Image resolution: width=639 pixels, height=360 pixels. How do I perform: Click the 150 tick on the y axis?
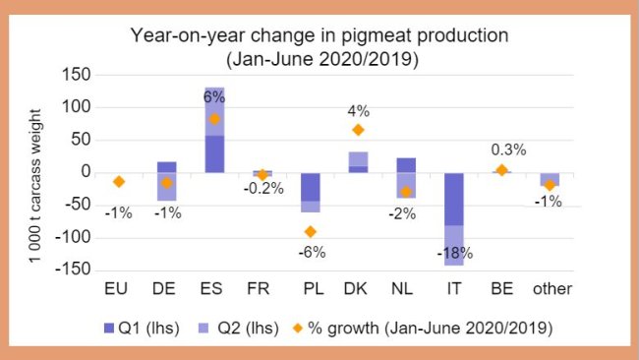point(77,76)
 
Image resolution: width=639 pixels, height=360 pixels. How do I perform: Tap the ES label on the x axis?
point(213,289)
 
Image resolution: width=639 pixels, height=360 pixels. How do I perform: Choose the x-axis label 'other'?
point(552,289)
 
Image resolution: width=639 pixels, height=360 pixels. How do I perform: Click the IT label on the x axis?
point(454,289)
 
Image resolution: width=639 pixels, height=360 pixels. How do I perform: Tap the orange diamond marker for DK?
point(359,130)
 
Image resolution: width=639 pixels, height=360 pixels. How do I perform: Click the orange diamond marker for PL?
point(310,232)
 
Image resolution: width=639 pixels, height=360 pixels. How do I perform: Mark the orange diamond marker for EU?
point(119,182)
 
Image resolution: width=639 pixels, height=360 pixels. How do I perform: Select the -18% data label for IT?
point(455,253)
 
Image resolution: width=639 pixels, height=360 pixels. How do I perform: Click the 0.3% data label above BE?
point(507,150)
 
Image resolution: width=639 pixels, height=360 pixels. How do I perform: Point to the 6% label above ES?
point(214,96)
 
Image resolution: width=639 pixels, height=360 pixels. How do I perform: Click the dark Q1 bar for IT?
point(454,199)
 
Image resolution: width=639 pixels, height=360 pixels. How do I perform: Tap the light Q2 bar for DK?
point(358,159)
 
